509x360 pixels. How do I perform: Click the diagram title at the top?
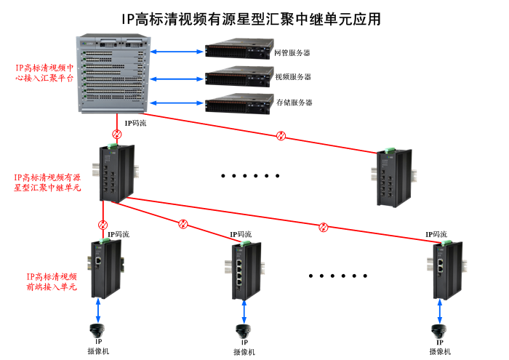[x=251, y=18]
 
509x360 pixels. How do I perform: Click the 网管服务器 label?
[x=292, y=53]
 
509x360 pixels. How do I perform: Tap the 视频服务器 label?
[x=292, y=77]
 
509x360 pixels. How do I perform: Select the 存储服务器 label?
[x=294, y=103]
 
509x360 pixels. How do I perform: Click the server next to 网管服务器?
[x=238, y=52]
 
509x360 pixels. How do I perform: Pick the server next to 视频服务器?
[x=238, y=77]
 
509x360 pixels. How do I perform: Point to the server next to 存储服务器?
[x=238, y=103]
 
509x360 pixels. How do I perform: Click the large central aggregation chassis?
[x=113, y=73]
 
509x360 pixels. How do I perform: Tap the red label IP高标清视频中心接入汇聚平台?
[x=45, y=72]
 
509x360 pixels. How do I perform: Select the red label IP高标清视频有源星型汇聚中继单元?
[x=47, y=182]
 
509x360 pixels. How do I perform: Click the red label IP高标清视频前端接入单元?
[x=52, y=281]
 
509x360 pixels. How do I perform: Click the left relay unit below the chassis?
[x=117, y=172]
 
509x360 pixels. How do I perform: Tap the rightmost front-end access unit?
[x=443, y=269]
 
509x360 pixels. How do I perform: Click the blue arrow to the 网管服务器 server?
[x=177, y=52]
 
